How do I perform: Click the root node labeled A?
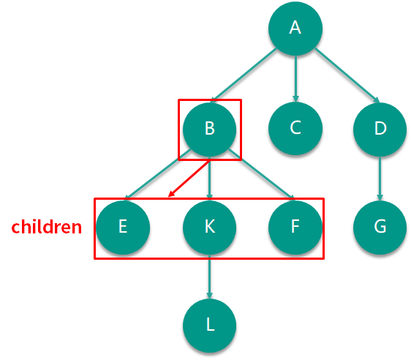click(x=295, y=29)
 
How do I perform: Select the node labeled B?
click(x=209, y=130)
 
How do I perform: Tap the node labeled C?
click(x=295, y=128)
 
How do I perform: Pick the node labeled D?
click(x=380, y=130)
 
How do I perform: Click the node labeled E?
click(x=123, y=228)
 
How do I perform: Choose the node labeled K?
click(x=209, y=228)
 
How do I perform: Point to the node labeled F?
click(x=295, y=228)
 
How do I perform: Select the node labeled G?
click(x=380, y=228)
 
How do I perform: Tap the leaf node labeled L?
click(x=209, y=326)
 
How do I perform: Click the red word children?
click(x=47, y=227)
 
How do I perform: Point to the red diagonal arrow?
click(x=189, y=179)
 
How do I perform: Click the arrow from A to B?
click(x=244, y=75)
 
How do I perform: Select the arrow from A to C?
click(x=295, y=78)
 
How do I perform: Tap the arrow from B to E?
click(x=157, y=175)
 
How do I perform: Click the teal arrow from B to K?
click(x=209, y=178)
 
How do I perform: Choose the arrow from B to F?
click(x=262, y=174)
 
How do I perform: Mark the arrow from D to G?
click(x=380, y=179)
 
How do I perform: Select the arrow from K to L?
click(x=209, y=277)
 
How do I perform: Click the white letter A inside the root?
click(x=295, y=27)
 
